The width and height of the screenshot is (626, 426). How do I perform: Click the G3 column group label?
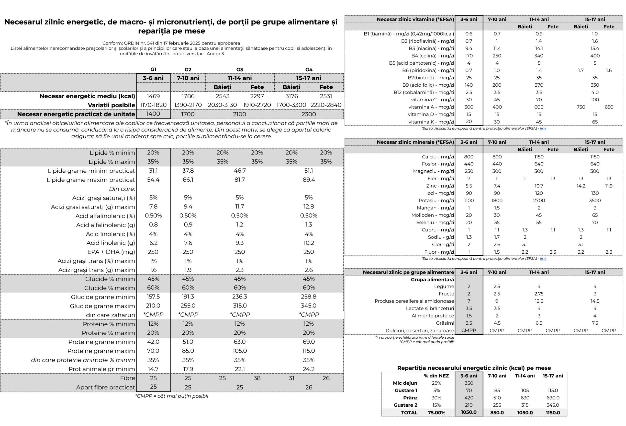click(239, 70)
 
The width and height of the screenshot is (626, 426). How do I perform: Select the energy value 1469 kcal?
click(153, 96)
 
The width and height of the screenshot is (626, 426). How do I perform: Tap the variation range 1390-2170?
click(188, 105)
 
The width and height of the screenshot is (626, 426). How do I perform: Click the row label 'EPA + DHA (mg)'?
click(111, 252)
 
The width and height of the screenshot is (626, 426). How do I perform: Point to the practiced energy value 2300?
click(308, 114)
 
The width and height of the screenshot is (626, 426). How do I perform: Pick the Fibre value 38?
click(257, 378)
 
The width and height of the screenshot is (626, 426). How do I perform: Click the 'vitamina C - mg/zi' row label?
click(432, 100)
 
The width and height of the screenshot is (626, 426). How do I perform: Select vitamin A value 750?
click(581, 107)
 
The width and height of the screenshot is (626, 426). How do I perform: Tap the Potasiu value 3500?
click(594, 201)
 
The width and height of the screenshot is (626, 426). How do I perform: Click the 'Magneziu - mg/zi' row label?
click(433, 171)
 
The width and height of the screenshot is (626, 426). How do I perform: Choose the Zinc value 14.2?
click(581, 186)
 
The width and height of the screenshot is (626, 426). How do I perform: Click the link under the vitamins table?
click(543, 129)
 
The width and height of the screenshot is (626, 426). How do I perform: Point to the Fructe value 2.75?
click(539, 294)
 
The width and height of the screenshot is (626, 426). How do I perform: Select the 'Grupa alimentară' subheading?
click(432, 280)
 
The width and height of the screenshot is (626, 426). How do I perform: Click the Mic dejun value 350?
click(469, 383)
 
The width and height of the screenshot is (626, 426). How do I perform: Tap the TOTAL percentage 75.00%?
click(436, 413)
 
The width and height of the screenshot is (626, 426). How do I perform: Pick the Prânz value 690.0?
click(553, 398)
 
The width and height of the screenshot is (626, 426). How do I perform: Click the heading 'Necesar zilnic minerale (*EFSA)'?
click(415, 142)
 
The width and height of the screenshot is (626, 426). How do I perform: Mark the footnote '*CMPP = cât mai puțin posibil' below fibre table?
click(172, 396)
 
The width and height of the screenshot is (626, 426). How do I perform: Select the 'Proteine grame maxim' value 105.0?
click(239, 351)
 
